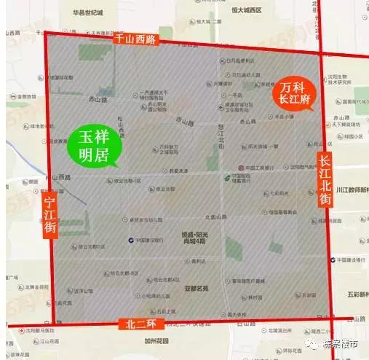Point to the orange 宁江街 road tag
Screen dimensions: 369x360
pyautogui.click(x=49, y=214)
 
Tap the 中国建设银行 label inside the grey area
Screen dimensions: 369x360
pyautogui.click(x=148, y=239)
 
